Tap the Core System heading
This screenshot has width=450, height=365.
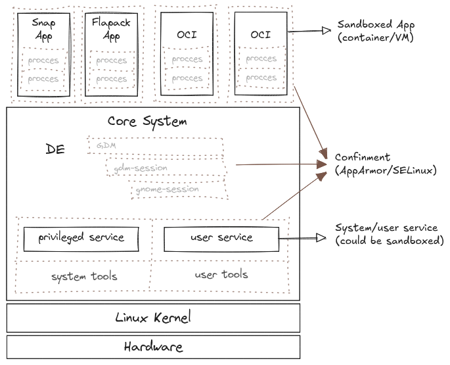pos(147,122)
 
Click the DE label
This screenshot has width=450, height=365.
pos(55,149)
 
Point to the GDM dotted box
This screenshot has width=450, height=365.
pos(155,145)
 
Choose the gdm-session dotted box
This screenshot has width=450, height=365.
pos(165,168)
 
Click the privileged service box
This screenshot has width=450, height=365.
pos(81,238)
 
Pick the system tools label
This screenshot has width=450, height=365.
pos(84,276)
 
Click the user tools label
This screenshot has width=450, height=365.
pos(221,274)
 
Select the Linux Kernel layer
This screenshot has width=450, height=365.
pos(153,318)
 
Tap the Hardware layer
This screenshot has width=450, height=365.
pos(153,347)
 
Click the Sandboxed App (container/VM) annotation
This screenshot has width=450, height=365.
pos(375,31)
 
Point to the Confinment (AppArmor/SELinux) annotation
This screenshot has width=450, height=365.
pos(385,164)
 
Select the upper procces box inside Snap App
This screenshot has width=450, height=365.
pos(43,61)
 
